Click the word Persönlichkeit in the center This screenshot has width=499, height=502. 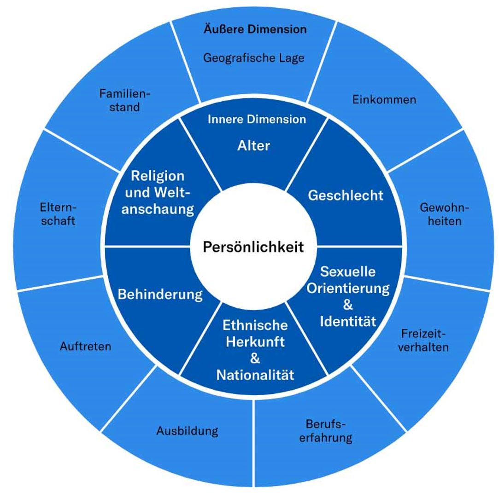pos(253,247)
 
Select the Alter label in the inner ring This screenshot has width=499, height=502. pos(253,146)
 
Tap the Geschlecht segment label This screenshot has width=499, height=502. pos(346,195)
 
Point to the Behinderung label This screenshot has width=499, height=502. pos(160,294)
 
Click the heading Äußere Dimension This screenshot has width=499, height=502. pos(255,29)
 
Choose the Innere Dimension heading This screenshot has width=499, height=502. pos(257,120)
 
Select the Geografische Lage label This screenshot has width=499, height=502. pos(253,58)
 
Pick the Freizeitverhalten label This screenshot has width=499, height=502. pos(423,340)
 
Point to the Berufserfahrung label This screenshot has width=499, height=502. pos(326,431)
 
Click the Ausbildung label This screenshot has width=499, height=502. pos(187,431)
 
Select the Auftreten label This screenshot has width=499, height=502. pos(86,346)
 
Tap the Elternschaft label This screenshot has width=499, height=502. pos(58,214)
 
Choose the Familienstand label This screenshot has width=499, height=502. pos(125,100)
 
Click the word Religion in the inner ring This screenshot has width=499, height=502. pos(158,176)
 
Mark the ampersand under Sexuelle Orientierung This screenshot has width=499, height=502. pos(348,305)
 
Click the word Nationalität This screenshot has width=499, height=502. pos(255,375)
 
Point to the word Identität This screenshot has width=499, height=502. pos(348,321)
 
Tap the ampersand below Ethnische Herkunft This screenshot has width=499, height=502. pos(255,359)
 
